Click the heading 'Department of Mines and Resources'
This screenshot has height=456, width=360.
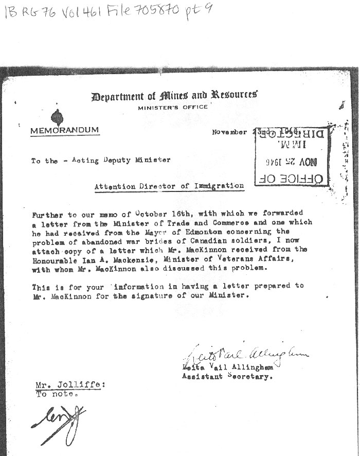[x=174, y=96]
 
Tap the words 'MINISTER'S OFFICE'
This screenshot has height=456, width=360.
[x=173, y=107]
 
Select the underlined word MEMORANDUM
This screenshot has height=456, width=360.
[x=64, y=130]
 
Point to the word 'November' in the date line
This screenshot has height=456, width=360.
[x=229, y=132]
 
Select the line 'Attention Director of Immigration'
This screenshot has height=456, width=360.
[x=169, y=186]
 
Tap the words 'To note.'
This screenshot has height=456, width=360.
[x=57, y=394]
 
